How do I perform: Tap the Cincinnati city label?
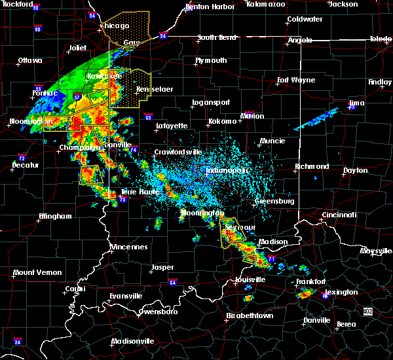[339, 215]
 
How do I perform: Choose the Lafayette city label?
[171, 126]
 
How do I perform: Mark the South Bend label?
[217, 37]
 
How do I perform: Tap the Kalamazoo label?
[266, 4]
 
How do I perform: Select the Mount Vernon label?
[38, 272]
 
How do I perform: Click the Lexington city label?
[341, 292]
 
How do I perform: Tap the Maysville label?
[375, 251]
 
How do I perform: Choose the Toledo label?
[380, 39]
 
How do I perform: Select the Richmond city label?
[312, 166]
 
